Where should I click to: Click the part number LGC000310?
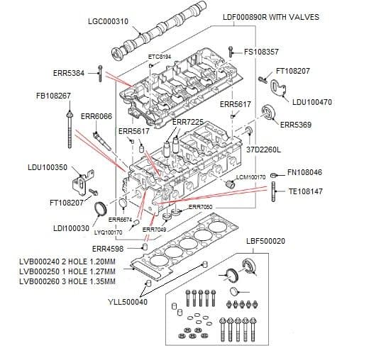pyautogui.click(x=107, y=22)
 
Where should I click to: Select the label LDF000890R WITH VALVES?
pyautogui.click(x=271, y=16)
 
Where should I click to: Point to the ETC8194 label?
pyautogui.click(x=160, y=56)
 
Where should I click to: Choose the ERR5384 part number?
pyautogui.click(x=69, y=72)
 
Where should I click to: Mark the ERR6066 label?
pyautogui.click(x=96, y=116)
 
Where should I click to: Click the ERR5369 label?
pyautogui.click(x=296, y=125)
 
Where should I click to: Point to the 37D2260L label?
pyautogui.click(x=265, y=150)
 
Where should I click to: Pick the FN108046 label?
pyautogui.click(x=305, y=172)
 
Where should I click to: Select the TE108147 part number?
pyautogui.click(x=306, y=191)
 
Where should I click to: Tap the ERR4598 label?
pyautogui.click(x=108, y=249)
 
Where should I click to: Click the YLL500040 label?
pyautogui.click(x=128, y=302)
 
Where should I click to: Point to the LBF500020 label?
pyautogui.click(x=265, y=241)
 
